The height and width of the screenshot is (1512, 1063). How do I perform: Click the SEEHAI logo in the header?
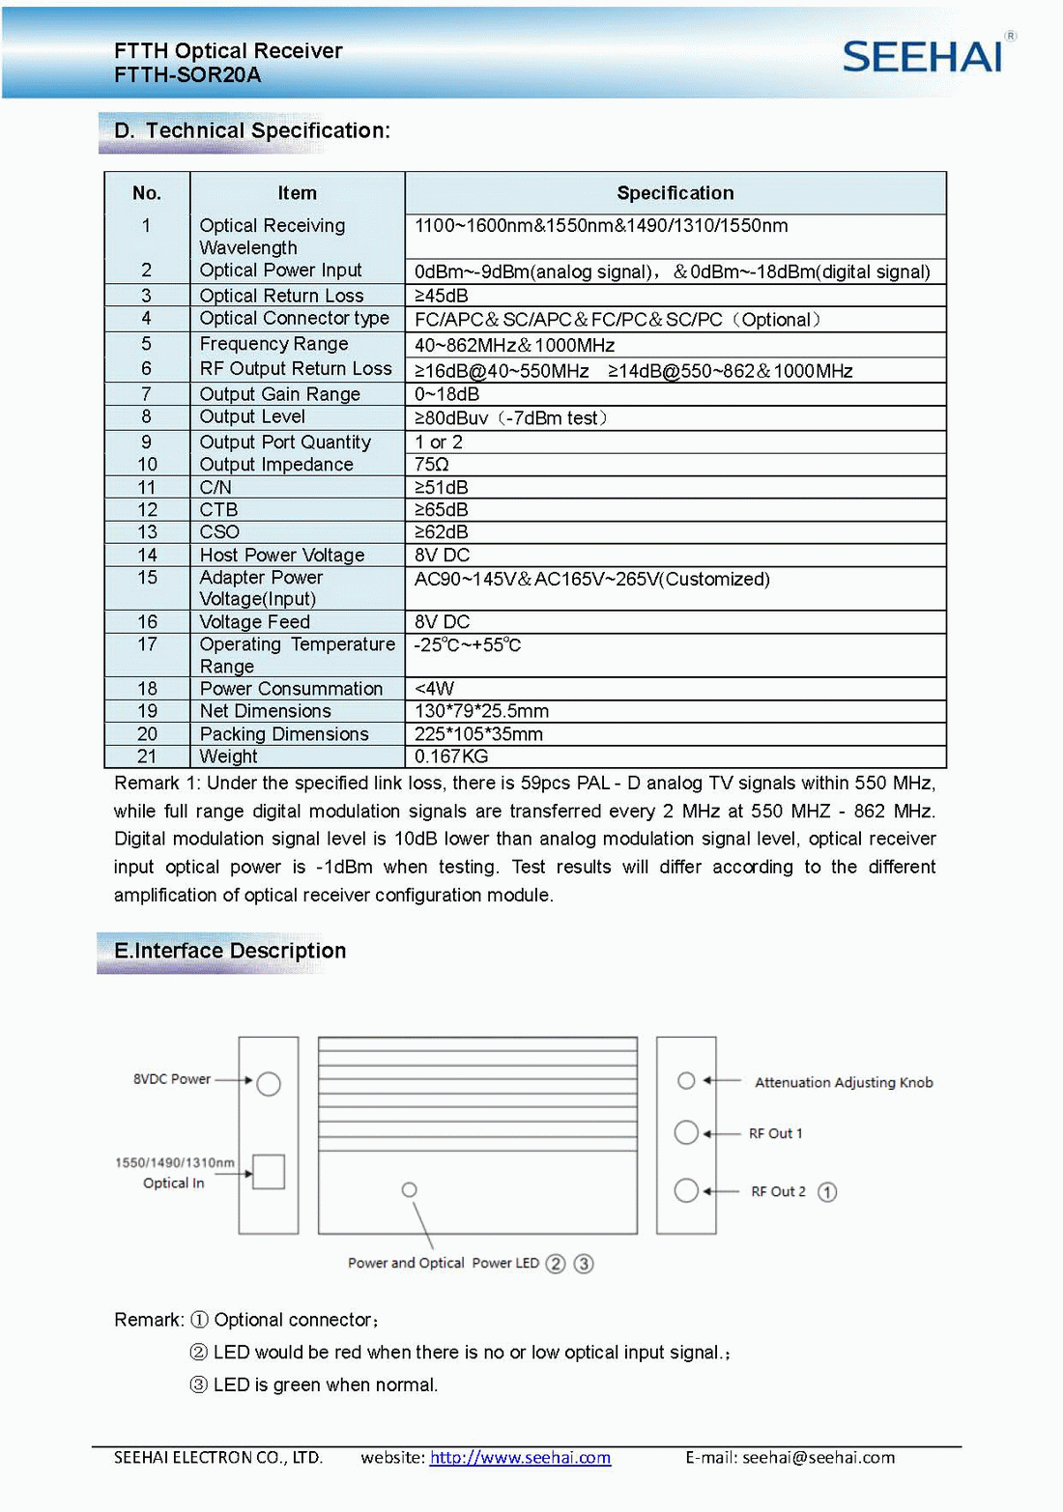922,57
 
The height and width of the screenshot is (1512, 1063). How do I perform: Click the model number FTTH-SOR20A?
187,75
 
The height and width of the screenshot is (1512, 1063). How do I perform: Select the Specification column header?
675,193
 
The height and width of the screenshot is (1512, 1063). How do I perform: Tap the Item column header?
297,193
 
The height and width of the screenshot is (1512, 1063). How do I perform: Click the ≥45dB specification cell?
442,296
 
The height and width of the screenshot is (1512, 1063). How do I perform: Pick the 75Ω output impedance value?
432,465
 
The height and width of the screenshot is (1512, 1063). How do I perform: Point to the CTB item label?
219,509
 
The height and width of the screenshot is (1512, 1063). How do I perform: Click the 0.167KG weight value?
451,756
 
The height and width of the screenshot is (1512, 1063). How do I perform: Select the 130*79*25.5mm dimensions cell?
481,711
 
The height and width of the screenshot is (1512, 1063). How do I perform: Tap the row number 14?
147,555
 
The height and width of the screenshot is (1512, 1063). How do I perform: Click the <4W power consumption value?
434,688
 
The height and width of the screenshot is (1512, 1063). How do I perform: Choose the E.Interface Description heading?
230,951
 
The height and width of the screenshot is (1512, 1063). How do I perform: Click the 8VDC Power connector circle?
269,1083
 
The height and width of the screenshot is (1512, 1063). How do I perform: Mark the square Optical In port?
269,1172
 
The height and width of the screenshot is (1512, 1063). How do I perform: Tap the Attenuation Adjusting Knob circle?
686,1080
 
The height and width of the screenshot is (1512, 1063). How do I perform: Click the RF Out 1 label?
775,1133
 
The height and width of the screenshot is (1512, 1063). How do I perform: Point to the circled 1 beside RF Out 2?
827,1192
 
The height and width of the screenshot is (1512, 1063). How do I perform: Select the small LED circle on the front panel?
410,1189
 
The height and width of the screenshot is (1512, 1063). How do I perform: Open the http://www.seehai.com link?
520,1457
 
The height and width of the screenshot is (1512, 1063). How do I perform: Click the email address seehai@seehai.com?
819,1457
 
